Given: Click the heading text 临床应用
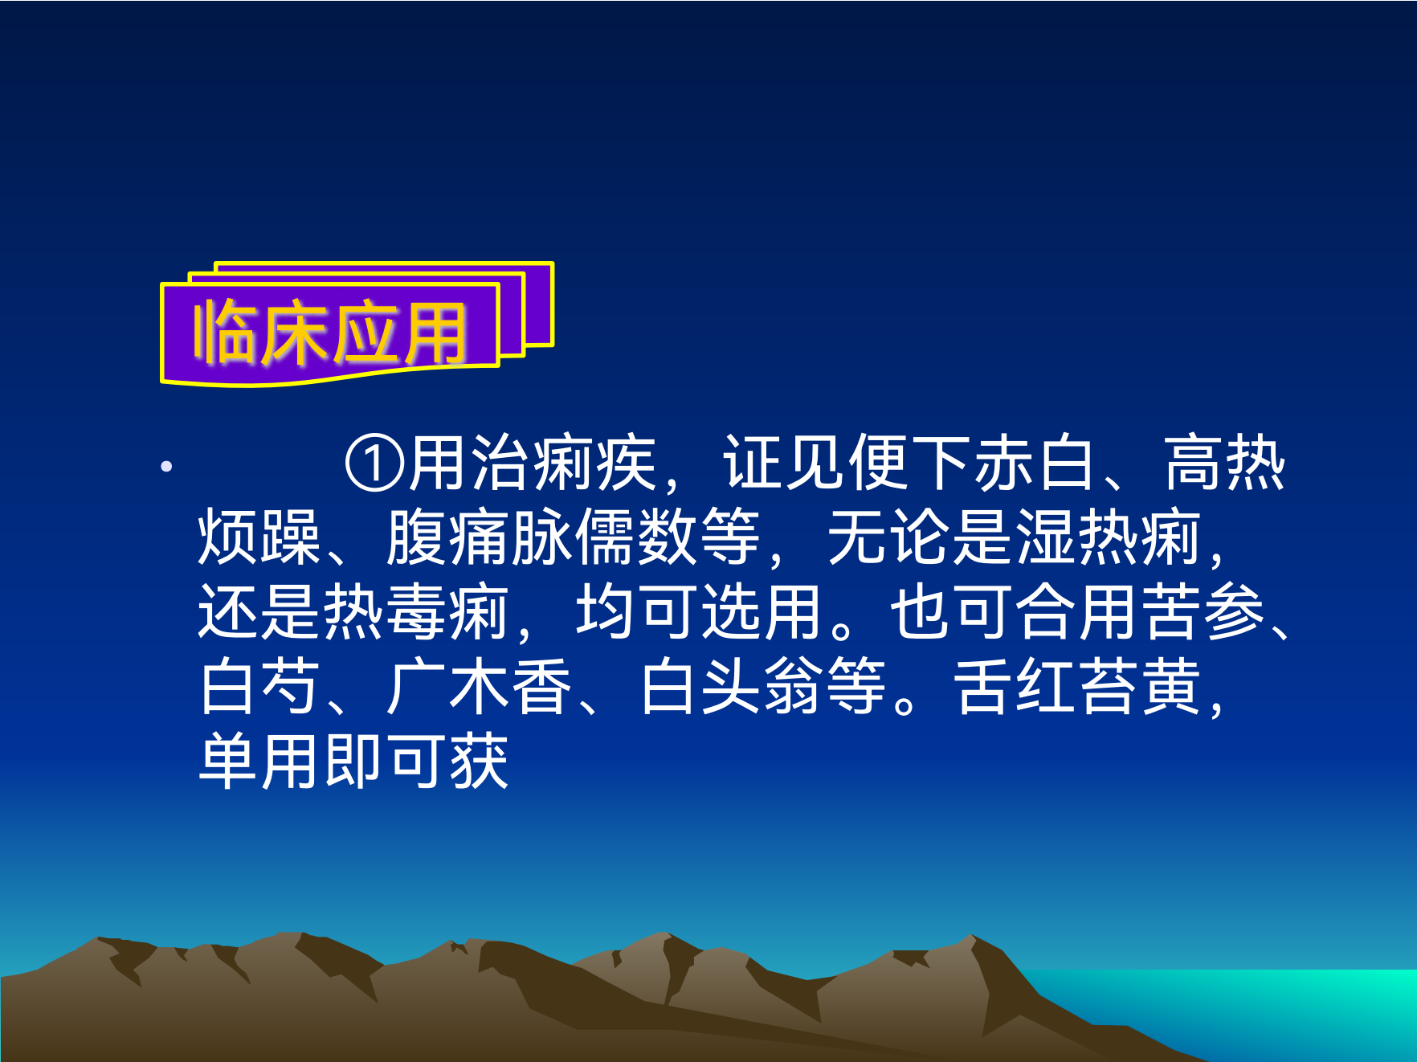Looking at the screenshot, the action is pos(329,333).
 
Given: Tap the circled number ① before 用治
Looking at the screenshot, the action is pos(374,464).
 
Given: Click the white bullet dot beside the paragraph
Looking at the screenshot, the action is pos(166,466).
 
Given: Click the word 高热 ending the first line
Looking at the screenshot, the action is pos(1224,464).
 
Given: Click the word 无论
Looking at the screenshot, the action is pos(889,537).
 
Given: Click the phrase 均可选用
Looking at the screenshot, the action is pos(698,611).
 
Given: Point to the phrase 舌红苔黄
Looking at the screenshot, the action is pos(1077,686).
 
